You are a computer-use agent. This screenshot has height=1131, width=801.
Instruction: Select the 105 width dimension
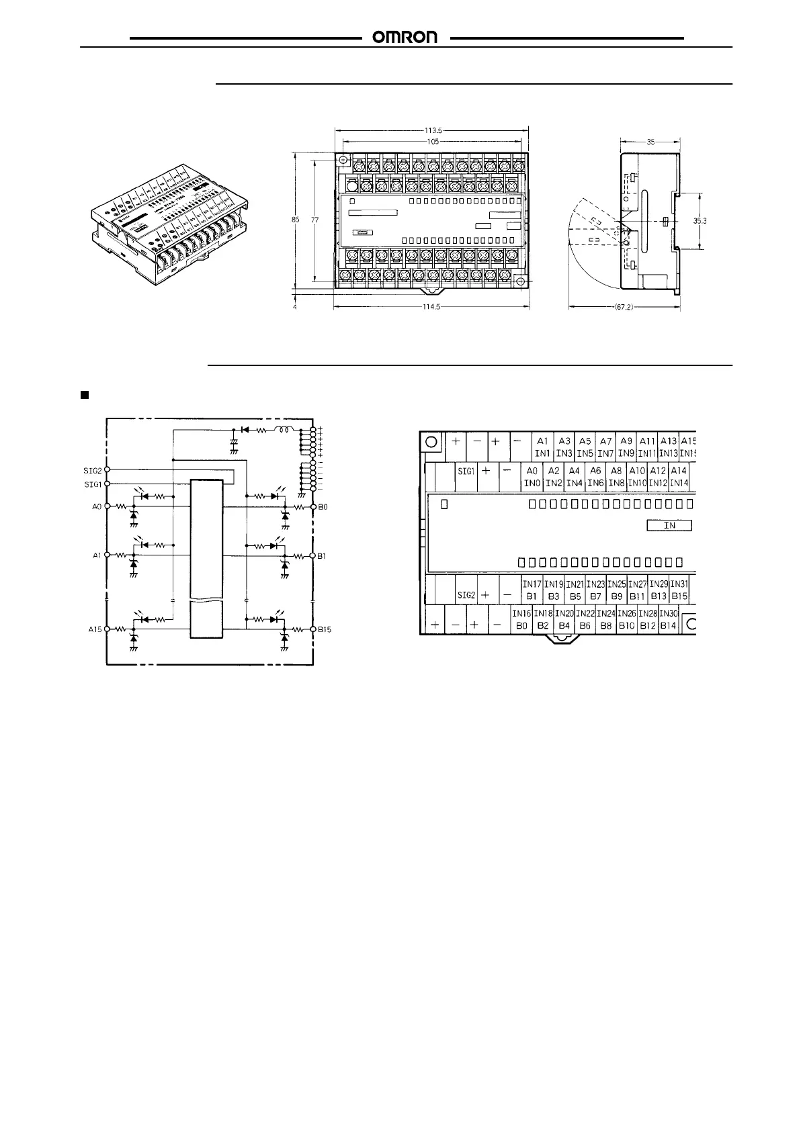pos(433,141)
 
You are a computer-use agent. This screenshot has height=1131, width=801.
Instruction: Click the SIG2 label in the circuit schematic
pos(92,470)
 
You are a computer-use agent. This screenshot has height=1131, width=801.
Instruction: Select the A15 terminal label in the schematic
pos(94,629)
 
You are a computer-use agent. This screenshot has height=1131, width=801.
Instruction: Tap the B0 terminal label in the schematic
pos(323,507)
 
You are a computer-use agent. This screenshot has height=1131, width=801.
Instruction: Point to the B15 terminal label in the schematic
pos(325,629)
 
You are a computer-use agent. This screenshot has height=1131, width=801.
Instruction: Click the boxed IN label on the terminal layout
pos(669,525)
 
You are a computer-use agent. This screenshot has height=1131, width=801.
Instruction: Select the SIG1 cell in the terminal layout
pos(466,471)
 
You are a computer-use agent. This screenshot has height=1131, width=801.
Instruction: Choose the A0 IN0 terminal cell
pos(532,477)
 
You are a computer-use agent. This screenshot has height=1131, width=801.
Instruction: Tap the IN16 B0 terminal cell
pos(521,619)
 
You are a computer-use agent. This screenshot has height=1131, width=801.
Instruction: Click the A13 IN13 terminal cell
pos(668,447)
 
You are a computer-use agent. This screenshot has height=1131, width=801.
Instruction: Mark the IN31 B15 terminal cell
pos(679,589)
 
